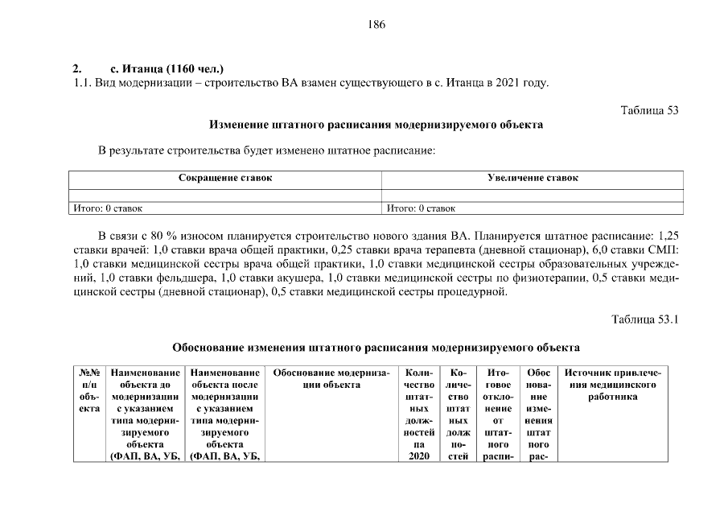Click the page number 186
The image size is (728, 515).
pyautogui.click(x=376, y=24)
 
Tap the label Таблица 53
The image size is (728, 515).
pyautogui.click(x=650, y=110)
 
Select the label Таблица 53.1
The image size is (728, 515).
pyautogui.click(x=645, y=319)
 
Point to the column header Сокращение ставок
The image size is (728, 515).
pyautogui.click(x=224, y=178)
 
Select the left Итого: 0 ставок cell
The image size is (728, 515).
pyautogui.click(x=108, y=208)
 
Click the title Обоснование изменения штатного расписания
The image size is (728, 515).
pyautogui.click(x=376, y=348)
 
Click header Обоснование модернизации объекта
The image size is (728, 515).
pyautogui.click(x=331, y=379)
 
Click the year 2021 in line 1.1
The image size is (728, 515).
pyautogui.click(x=508, y=84)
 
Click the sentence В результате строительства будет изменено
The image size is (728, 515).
pyautogui.click(x=265, y=151)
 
